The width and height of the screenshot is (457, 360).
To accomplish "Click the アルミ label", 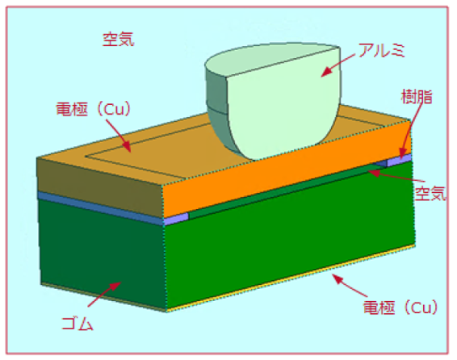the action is pos(382,50).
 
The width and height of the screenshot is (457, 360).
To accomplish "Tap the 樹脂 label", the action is pos(417,97).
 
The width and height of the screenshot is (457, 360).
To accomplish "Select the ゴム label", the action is pos(78,324).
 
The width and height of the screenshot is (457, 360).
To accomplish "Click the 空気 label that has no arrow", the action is pos(119,40).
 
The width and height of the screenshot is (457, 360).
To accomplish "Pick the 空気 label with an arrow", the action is pos(430,193).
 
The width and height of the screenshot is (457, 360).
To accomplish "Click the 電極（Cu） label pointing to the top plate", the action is pos(94,110).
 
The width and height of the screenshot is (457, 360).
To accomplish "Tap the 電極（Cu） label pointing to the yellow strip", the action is pos(400,308).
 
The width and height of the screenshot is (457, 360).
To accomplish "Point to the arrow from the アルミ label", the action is pos(338,65).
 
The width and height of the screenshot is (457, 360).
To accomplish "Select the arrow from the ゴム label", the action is pos(104,294).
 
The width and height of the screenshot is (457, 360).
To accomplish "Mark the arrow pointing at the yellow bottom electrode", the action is pos(349,286).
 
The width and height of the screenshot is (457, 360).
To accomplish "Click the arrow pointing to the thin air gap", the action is pos(394,177).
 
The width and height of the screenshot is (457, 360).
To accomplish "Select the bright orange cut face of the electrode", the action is pos(287,169).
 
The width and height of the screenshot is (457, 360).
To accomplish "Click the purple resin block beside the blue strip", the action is pos(176,219).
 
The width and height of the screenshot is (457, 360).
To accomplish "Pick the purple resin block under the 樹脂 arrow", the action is pos(399,161).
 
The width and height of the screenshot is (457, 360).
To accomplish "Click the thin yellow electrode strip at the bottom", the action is pos(291,278).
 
